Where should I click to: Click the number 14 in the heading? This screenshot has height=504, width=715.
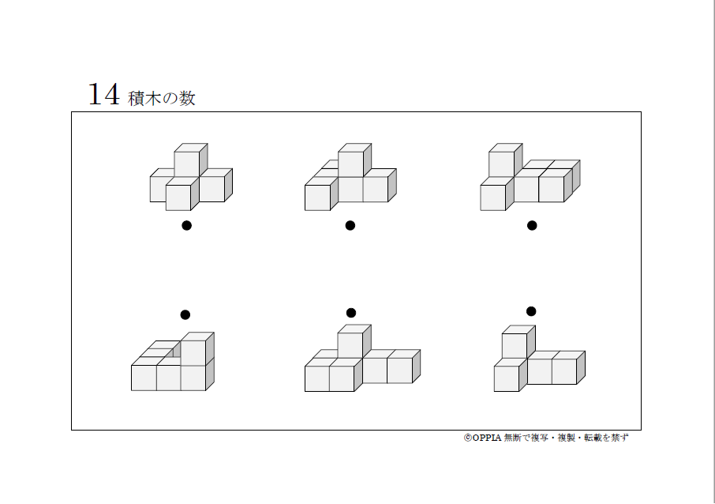tap(103, 95)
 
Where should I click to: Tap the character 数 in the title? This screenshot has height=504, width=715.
tap(186, 98)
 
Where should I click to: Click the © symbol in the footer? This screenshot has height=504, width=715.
tap(467, 438)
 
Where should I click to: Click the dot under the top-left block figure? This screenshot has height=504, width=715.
tap(186, 225)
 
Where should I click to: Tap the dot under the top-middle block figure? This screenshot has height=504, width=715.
tap(350, 225)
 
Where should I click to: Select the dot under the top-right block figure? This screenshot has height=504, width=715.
tap(532, 225)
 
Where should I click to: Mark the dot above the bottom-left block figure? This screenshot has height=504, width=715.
tap(185, 314)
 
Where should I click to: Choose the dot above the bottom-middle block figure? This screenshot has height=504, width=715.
tap(351, 313)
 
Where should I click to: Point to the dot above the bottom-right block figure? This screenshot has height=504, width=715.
tap(531, 310)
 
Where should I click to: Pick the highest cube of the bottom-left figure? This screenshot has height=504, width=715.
tap(196, 350)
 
